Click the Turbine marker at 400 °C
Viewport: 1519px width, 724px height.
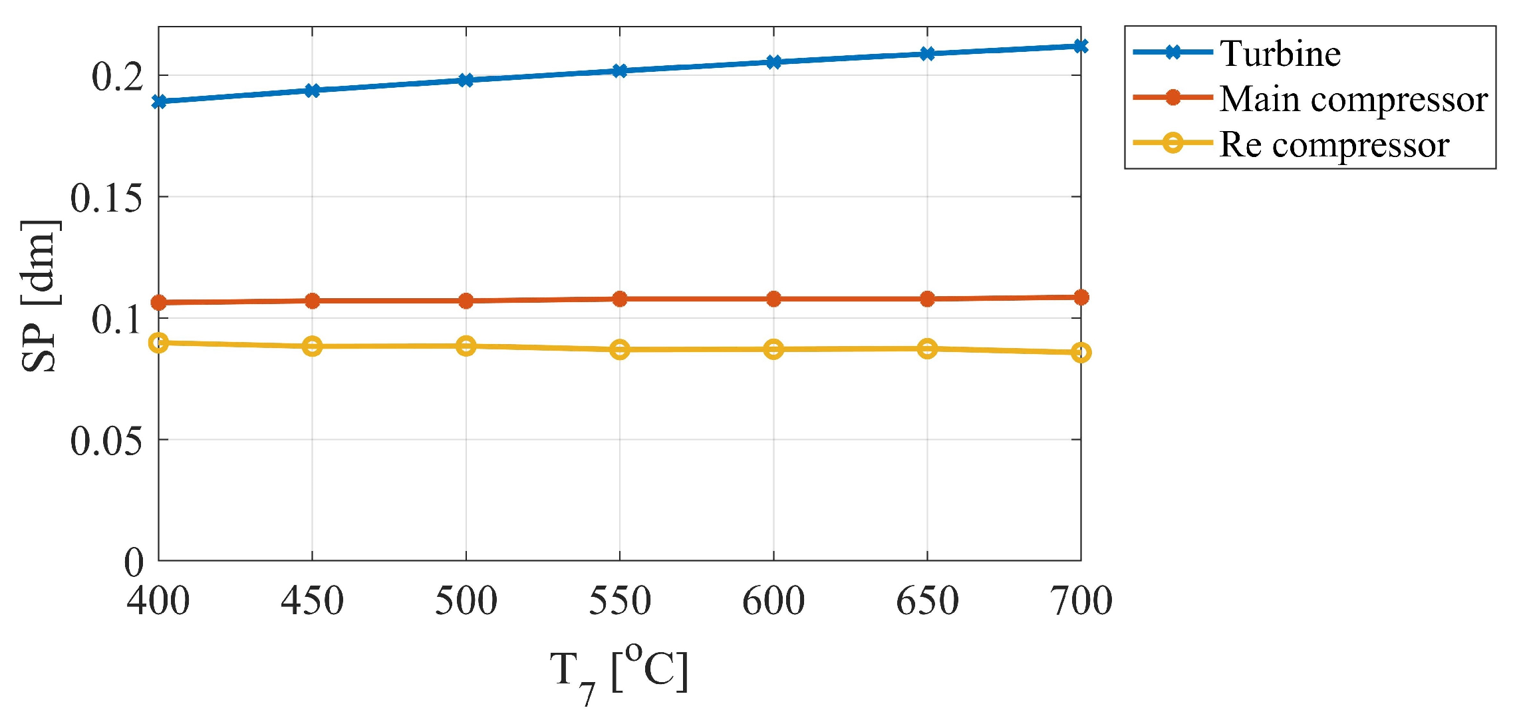159,102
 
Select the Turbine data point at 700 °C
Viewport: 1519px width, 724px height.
1081,46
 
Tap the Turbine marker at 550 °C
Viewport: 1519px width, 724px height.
620,71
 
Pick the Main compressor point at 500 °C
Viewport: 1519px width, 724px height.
466,301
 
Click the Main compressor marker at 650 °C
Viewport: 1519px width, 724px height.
927,299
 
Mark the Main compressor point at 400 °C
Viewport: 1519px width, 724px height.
159,303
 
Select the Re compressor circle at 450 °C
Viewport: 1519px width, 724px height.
312,346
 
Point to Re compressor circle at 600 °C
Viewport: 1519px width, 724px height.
773,349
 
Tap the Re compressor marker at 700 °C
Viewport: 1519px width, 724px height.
1081,352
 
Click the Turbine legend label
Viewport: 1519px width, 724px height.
1280,54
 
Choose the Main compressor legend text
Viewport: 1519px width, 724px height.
1353,100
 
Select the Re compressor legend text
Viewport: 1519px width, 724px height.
1334,144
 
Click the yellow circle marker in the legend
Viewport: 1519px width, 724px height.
1173,142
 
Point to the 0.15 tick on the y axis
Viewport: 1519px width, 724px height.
106,198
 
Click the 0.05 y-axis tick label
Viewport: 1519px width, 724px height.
106,441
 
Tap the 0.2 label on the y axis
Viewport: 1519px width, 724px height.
118,77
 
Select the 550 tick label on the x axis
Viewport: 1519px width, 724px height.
620,601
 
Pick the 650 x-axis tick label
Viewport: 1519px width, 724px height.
927,601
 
